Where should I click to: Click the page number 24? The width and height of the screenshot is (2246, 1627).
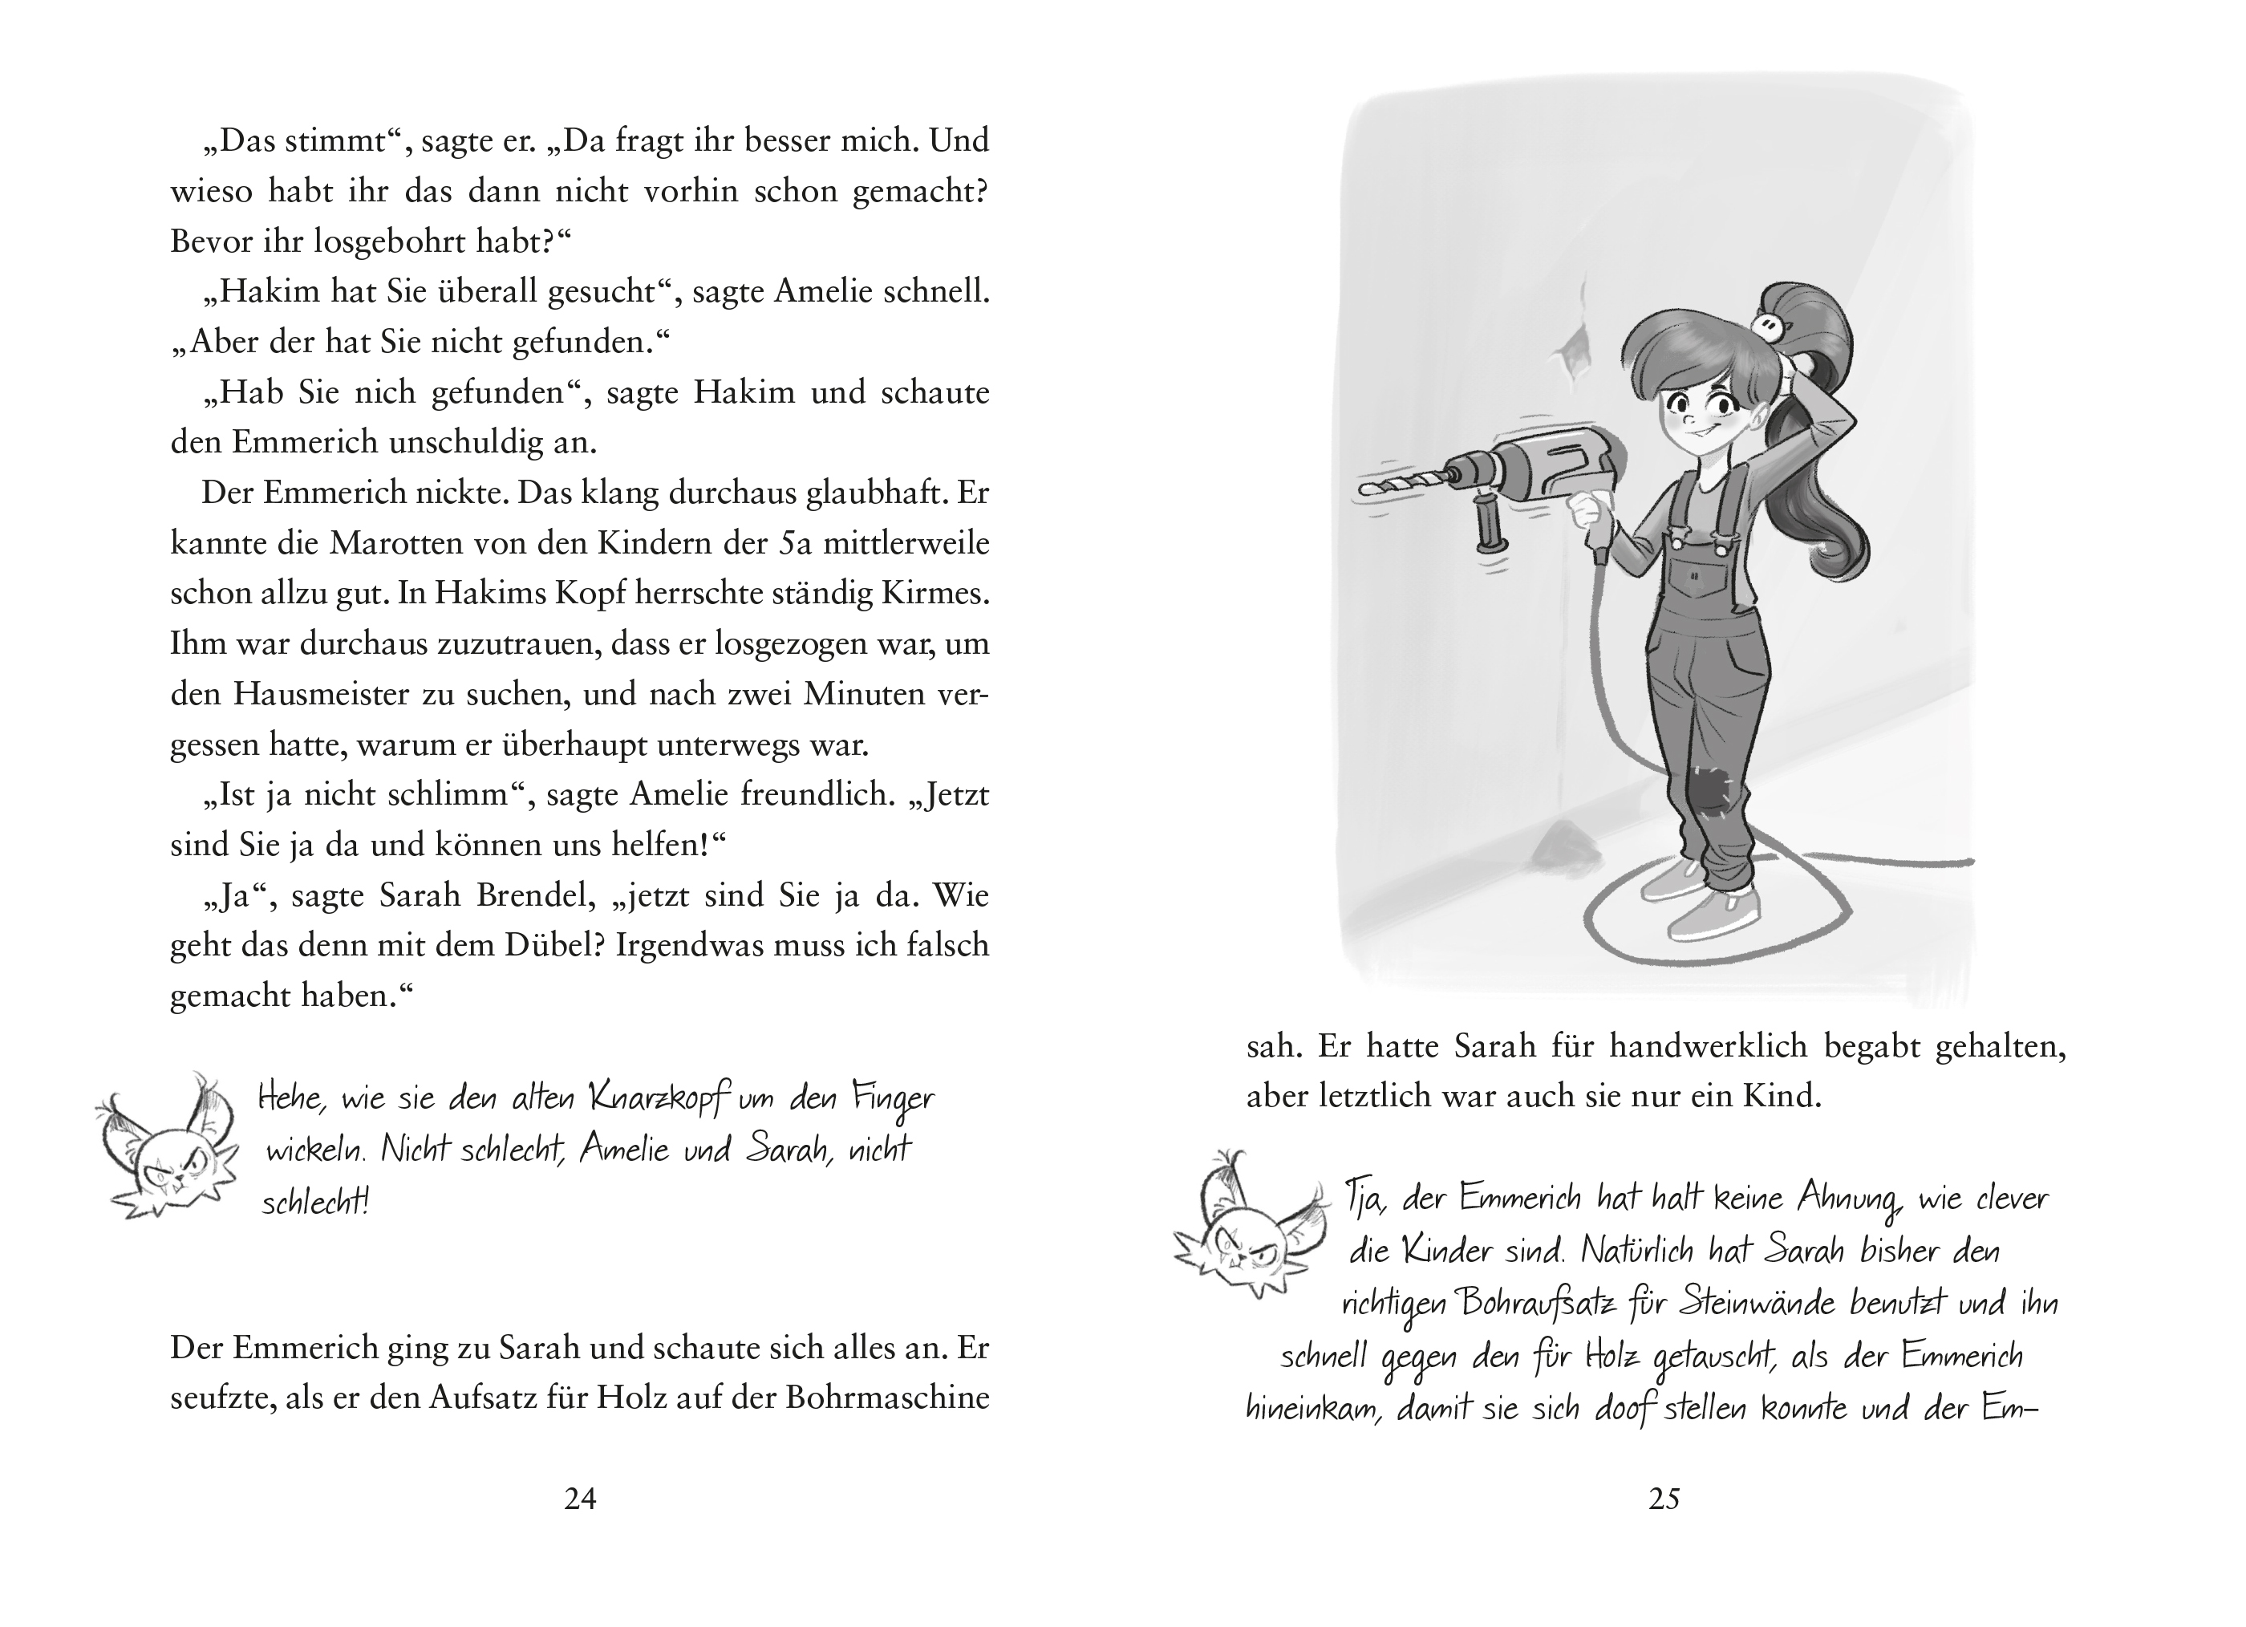coord(580,1499)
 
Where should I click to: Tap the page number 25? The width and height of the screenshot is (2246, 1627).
coord(1664,1499)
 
